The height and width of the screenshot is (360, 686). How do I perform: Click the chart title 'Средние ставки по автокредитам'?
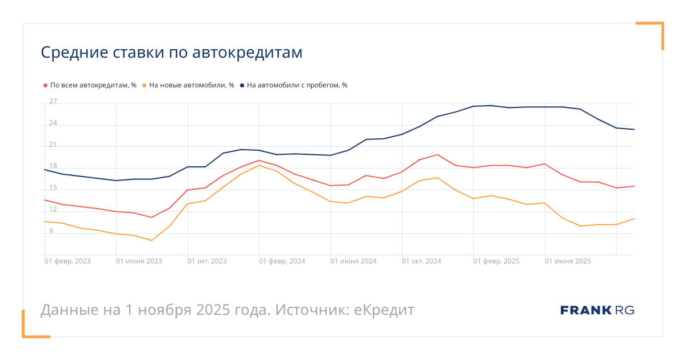click(x=171, y=53)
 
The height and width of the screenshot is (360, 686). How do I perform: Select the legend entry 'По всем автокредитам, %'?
click(x=93, y=85)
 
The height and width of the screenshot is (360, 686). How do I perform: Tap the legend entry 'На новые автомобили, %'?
click(x=192, y=85)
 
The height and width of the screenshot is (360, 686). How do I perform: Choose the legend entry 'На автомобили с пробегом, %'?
click(x=297, y=85)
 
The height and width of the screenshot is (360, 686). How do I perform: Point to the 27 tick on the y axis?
click(x=53, y=102)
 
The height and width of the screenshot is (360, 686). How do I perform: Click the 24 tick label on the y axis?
click(x=53, y=123)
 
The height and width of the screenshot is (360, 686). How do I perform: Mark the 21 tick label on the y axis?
click(x=53, y=145)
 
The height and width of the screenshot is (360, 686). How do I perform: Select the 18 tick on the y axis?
click(x=53, y=166)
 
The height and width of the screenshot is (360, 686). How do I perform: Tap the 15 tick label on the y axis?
click(x=53, y=187)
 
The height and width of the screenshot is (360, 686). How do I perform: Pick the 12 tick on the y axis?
click(x=53, y=209)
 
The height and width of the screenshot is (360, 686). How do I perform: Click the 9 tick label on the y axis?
click(x=51, y=231)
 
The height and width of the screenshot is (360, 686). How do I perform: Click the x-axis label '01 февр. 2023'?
click(x=67, y=261)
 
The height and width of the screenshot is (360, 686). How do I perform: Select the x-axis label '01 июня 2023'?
click(x=139, y=261)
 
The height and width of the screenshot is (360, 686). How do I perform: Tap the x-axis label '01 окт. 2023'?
click(x=208, y=261)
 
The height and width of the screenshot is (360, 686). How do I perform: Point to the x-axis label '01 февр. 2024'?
click(x=282, y=261)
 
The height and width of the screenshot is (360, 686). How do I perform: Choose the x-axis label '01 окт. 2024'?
click(x=421, y=261)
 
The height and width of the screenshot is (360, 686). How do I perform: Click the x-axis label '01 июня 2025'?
click(x=568, y=261)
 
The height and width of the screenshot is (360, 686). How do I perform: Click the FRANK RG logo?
click(x=597, y=310)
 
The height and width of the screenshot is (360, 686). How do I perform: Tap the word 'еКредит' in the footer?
click(x=384, y=310)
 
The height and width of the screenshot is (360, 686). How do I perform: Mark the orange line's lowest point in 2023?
click(x=151, y=241)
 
